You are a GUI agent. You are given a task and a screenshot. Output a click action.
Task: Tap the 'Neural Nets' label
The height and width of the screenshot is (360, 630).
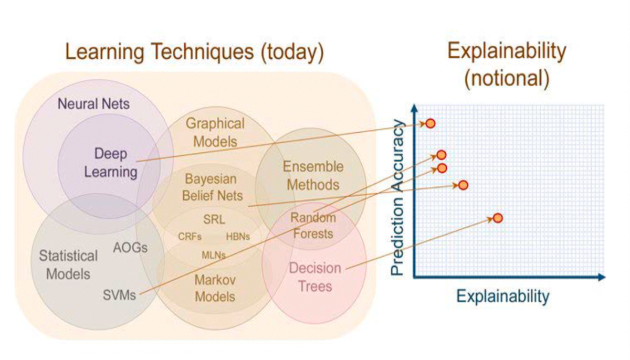tap(93, 103)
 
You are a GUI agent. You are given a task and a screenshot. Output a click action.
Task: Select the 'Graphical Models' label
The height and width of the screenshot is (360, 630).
tap(215, 132)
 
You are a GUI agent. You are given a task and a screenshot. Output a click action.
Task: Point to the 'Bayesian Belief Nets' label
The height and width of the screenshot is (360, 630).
tap(213, 187)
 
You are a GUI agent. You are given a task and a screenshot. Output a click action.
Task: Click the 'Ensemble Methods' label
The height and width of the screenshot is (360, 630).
tap(313, 176)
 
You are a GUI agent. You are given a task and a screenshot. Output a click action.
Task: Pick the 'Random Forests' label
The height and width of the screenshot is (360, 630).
tap(313, 225)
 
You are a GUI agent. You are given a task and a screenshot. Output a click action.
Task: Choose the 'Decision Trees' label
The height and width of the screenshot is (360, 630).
tap(315, 277)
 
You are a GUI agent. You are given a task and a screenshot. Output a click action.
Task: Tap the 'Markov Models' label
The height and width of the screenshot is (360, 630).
tap(215, 288)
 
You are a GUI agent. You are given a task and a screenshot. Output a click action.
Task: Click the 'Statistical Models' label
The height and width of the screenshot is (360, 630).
tap(68, 264)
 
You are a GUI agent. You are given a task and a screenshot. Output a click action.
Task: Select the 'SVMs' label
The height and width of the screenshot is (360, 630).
tap(119, 294)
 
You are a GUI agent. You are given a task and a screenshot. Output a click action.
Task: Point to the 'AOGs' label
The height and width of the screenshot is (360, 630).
tap(130, 248)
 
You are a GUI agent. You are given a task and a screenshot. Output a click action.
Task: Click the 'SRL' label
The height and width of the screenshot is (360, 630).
tap(214, 220)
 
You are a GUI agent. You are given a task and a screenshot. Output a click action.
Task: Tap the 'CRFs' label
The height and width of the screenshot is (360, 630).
tap(190, 237)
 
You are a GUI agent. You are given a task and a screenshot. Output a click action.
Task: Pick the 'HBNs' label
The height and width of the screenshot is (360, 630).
tap(238, 237)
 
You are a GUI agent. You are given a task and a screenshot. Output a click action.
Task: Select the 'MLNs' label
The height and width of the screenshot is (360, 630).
tap(214, 255)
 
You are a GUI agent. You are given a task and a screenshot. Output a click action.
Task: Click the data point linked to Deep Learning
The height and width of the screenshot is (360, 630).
tap(430, 124)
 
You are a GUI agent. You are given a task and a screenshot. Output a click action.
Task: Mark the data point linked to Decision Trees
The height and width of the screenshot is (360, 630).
tap(498, 218)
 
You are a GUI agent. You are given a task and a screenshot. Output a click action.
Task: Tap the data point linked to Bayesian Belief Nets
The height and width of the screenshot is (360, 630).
tap(463, 185)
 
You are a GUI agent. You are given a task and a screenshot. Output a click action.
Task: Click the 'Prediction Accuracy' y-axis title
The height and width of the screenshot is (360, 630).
tap(399, 197)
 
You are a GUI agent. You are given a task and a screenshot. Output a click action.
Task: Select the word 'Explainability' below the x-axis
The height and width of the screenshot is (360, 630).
tap(502, 297)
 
